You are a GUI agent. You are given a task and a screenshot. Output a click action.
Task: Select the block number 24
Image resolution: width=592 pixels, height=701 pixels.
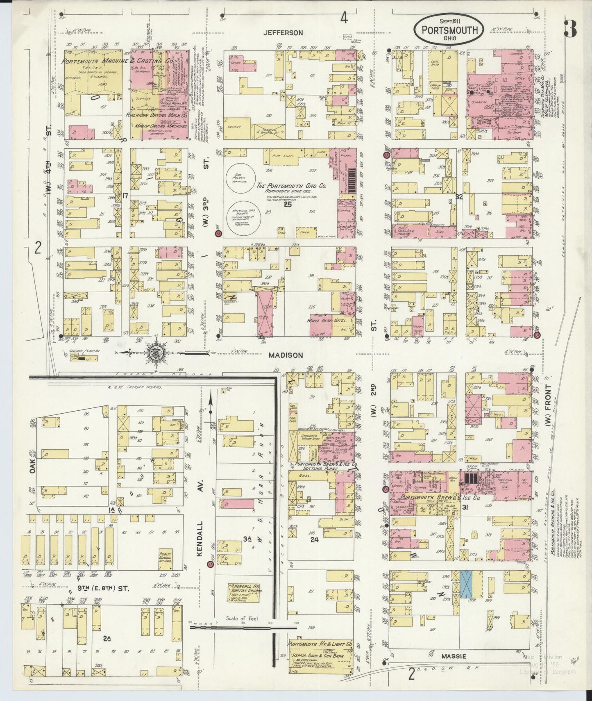click(x=314, y=539)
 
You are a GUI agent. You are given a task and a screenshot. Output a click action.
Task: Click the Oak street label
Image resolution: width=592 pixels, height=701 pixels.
click(x=32, y=466)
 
